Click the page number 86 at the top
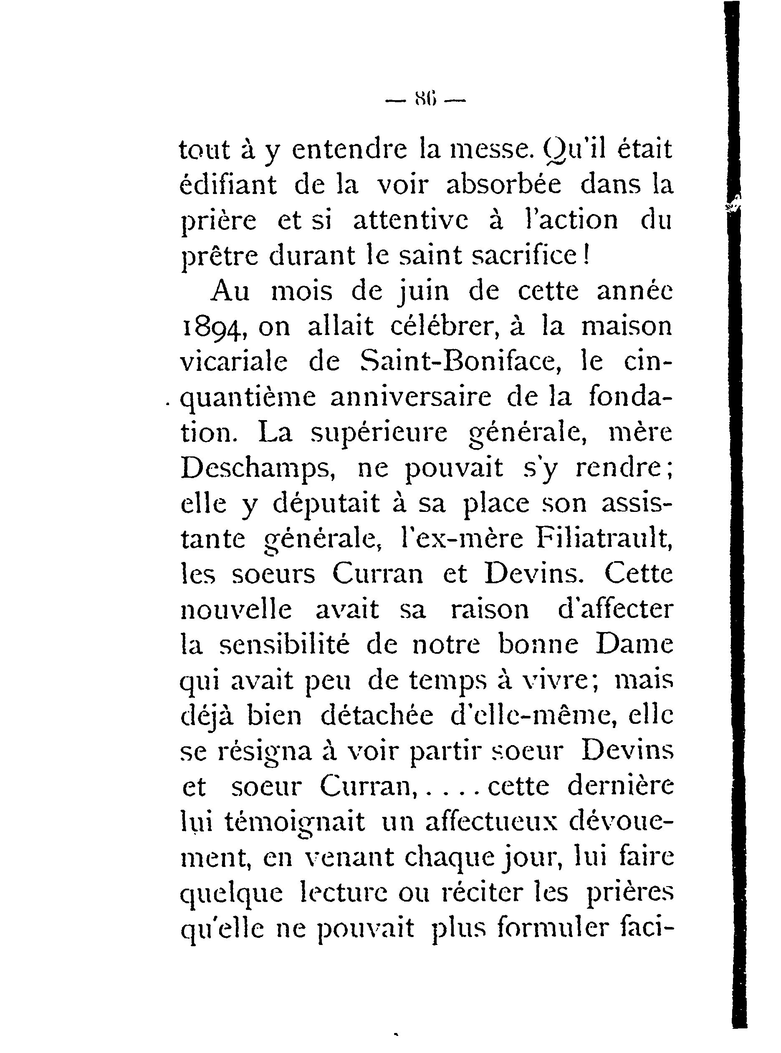[x=426, y=101]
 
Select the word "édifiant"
[x=228, y=185]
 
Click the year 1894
[x=211, y=328]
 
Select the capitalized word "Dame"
[x=634, y=645]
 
